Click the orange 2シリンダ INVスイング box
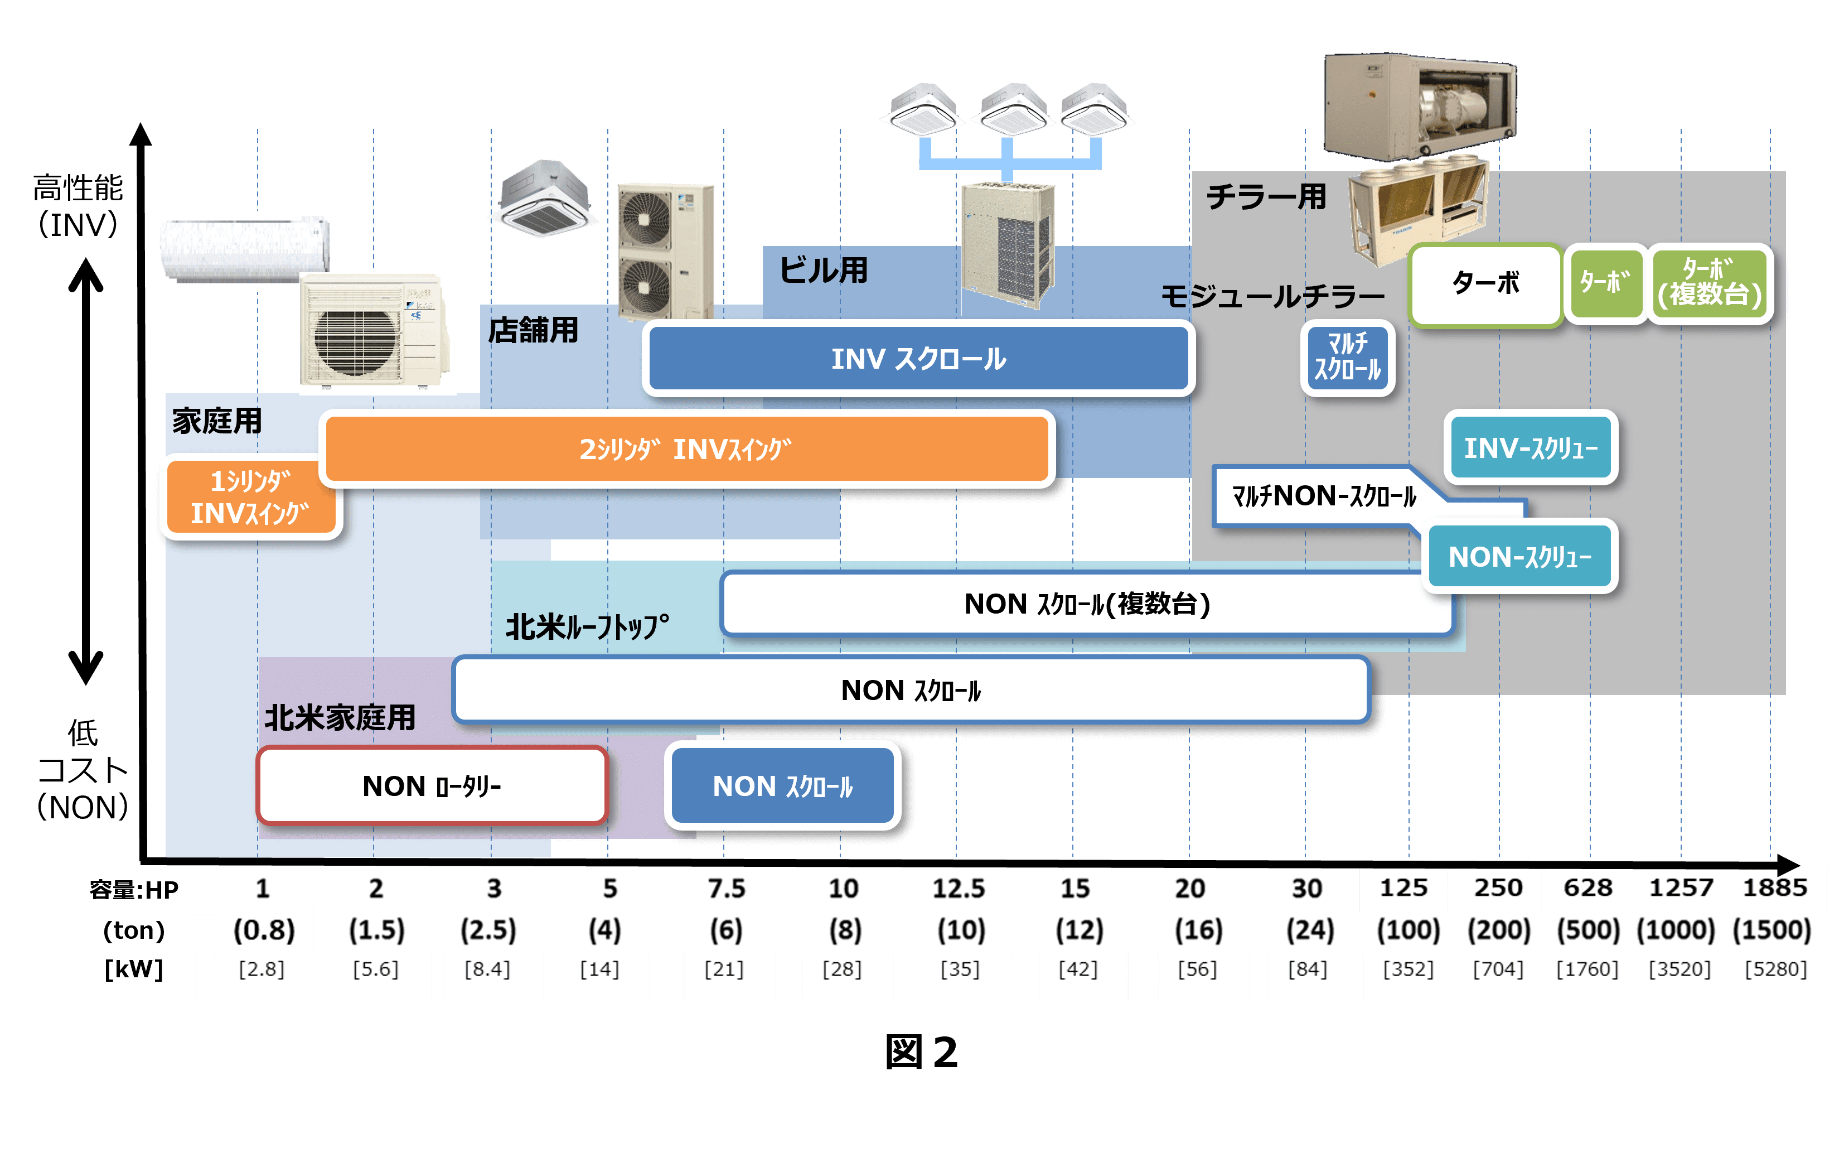click(x=686, y=449)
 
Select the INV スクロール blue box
click(x=918, y=359)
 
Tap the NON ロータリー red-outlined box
click(x=432, y=785)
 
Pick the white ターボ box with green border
click(x=1485, y=284)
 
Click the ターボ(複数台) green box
click(x=1710, y=284)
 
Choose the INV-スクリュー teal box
click(x=1530, y=447)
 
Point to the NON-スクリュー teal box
click(x=1520, y=557)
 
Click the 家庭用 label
click(x=217, y=421)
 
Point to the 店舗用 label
click(x=533, y=331)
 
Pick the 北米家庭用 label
click(x=340, y=717)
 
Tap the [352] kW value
click(x=1408, y=969)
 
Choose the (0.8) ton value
click(x=264, y=929)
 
